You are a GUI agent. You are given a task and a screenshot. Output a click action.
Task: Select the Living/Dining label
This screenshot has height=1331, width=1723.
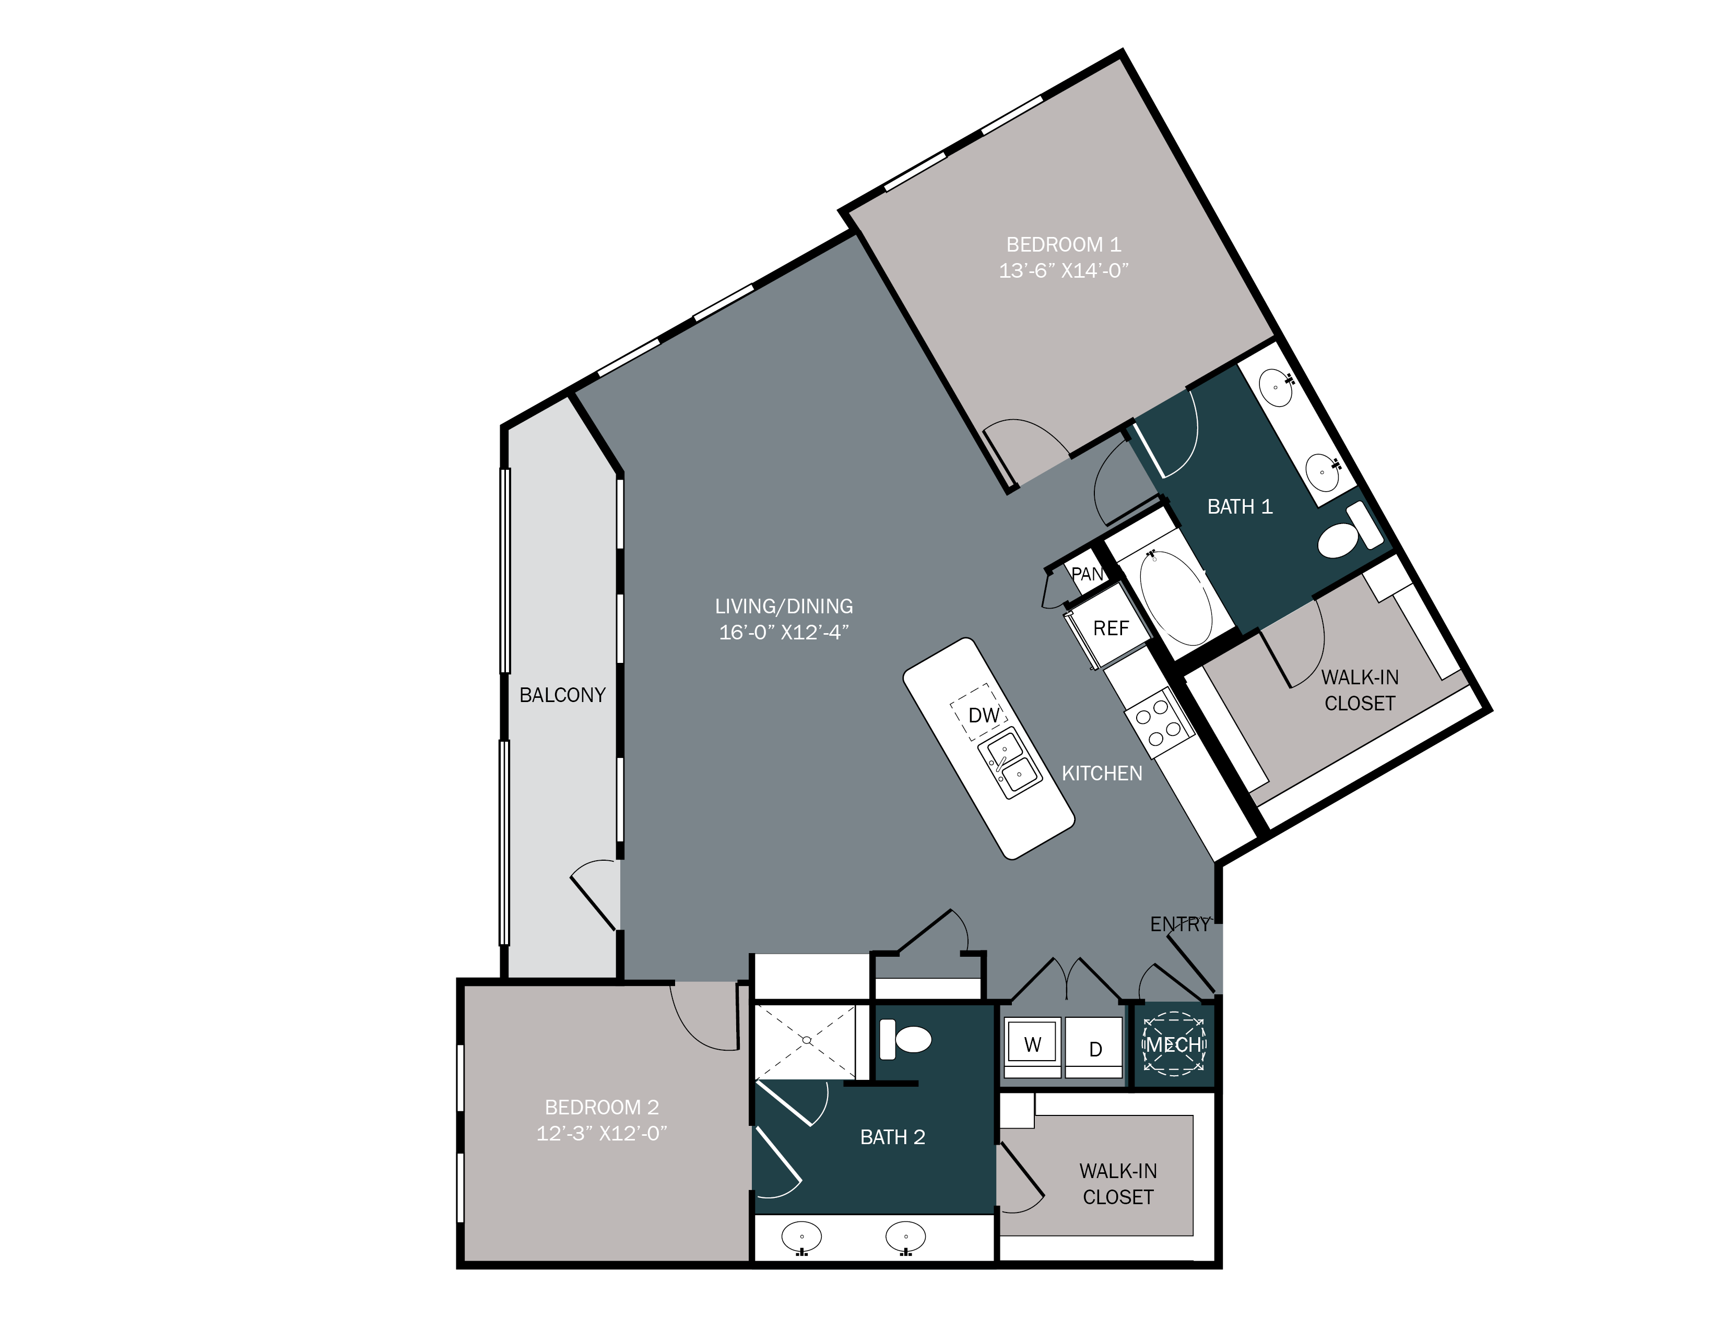pos(783,607)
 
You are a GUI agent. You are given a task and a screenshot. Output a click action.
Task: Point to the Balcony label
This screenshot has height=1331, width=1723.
pos(562,695)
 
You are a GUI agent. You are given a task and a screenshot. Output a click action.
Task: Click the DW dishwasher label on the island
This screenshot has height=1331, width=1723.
pos(983,715)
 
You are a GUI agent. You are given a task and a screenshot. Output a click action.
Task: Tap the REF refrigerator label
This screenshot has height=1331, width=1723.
pos(1111,628)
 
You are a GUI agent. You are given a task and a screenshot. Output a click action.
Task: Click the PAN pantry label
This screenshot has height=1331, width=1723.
pos(1087,574)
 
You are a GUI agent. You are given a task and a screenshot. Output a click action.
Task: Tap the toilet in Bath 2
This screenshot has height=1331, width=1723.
pos(907,1039)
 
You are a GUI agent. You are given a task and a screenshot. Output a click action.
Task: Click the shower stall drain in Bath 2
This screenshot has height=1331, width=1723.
pos(806,1041)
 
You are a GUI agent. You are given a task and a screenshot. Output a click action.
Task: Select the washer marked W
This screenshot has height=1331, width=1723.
pos(1032,1045)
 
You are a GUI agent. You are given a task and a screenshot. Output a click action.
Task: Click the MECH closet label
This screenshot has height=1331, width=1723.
pos(1174,1045)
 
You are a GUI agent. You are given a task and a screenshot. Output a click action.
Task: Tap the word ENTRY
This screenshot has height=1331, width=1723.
pos(1179,924)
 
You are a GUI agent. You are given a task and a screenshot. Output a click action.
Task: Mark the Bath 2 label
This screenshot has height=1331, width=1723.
pos(892,1137)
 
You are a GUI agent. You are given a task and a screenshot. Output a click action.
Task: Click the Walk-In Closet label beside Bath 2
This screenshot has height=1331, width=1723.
pos(1118,1184)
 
